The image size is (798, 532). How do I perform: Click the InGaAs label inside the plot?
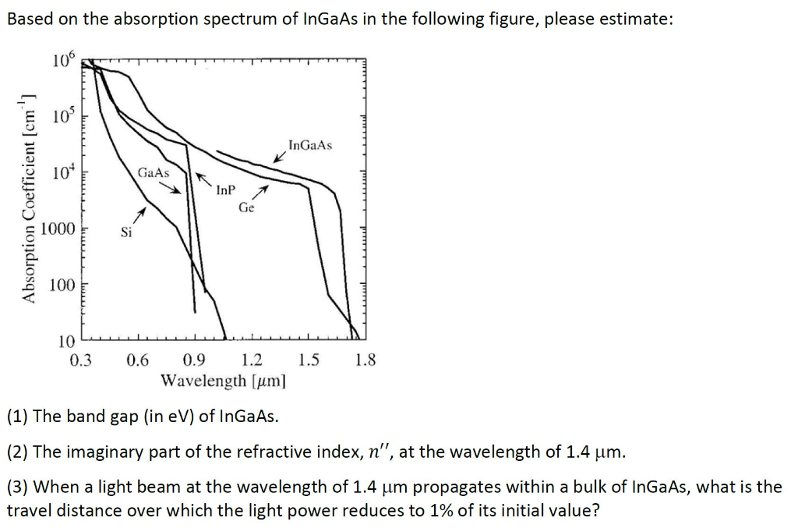pyautogui.click(x=309, y=145)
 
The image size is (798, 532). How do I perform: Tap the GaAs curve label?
pyautogui.click(x=153, y=172)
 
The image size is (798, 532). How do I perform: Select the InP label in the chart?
pyautogui.click(x=224, y=189)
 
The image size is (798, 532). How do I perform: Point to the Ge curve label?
pyautogui.click(x=246, y=207)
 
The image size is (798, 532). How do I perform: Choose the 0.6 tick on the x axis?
pyautogui.click(x=138, y=360)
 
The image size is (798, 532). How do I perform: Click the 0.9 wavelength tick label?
pyautogui.click(x=195, y=360)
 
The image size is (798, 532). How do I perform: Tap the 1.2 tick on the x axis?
pyautogui.click(x=252, y=360)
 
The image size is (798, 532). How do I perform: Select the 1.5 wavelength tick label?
pyautogui.click(x=309, y=360)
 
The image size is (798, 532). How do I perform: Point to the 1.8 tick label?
pyautogui.click(x=365, y=360)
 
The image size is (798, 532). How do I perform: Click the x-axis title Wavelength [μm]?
pyautogui.click(x=223, y=381)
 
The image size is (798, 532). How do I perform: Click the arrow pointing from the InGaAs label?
pyautogui.click(x=279, y=158)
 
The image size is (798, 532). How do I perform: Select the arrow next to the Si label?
pyautogui.click(x=139, y=214)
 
